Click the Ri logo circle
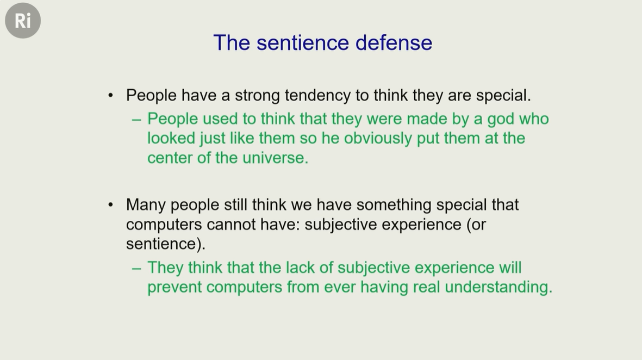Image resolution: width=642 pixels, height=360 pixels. [23, 21]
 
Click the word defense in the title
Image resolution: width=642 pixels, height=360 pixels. [394, 42]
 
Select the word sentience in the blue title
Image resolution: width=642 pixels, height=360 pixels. [303, 42]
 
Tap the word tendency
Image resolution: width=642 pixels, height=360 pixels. [317, 95]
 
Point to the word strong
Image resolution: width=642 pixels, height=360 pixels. [257, 96]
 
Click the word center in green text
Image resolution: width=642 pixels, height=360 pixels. [170, 158]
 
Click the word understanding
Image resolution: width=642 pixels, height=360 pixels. [498, 287]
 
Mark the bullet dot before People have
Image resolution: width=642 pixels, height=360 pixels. [110, 96]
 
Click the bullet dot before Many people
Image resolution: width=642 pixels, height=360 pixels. [110, 205]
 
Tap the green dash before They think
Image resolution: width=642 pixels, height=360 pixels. [137, 269]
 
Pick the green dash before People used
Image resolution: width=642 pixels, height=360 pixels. [137, 120]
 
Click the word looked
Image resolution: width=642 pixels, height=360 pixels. [171, 139]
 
